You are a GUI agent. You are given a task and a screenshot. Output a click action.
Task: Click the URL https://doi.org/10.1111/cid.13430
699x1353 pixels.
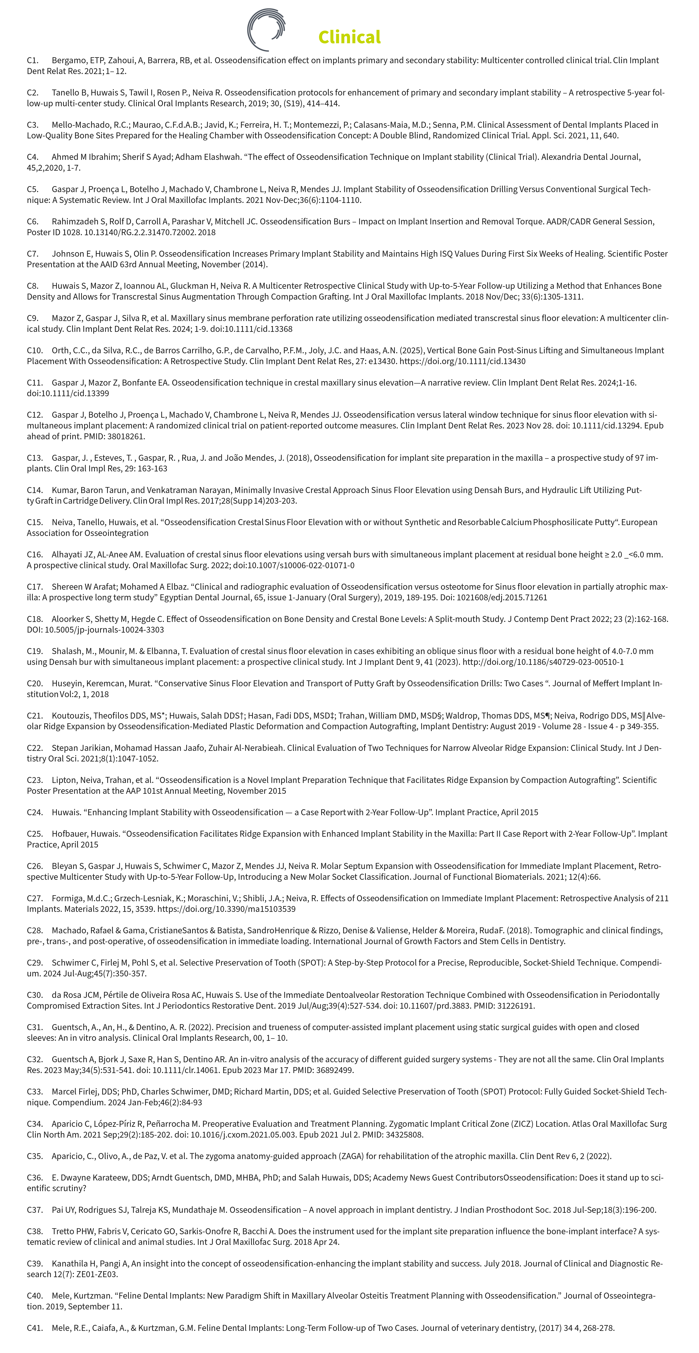click(x=463, y=361)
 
